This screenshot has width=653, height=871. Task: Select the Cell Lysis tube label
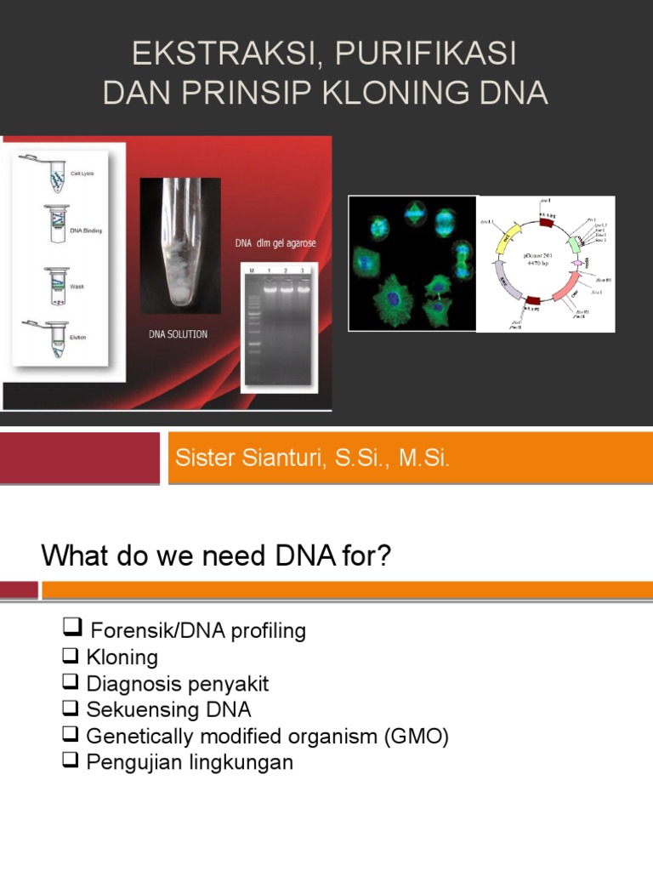[x=82, y=174]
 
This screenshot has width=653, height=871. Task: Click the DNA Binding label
[x=85, y=231]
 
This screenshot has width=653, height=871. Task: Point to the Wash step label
[x=77, y=287]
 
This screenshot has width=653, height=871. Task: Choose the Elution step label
[x=77, y=338]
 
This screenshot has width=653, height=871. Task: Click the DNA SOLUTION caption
[x=178, y=334]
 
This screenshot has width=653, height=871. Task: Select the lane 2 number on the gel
[x=285, y=270]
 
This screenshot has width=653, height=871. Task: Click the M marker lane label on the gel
[x=253, y=270]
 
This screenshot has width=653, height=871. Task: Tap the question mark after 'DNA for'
[x=383, y=557]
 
